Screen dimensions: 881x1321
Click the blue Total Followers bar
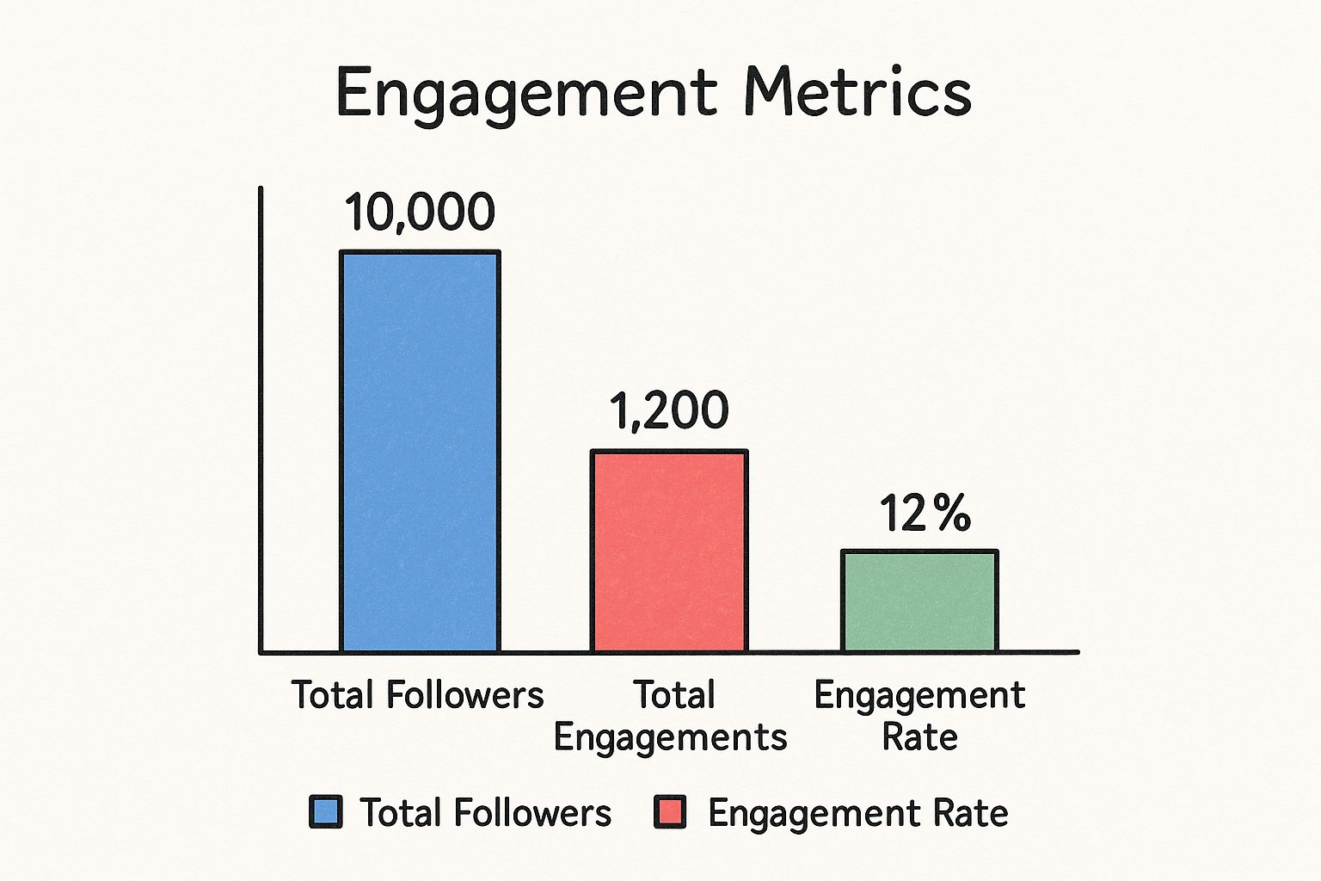[420, 452]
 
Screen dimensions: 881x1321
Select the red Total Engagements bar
[669, 551]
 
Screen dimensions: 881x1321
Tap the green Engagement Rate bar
[919, 601]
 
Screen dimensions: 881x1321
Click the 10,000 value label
[420, 212]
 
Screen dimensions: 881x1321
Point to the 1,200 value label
[669, 410]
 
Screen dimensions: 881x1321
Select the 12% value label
[925, 514]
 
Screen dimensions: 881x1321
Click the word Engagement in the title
[525, 93]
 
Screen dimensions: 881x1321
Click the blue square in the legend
[326, 812]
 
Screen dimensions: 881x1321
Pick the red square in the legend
[670, 812]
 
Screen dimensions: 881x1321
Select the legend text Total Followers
[485, 813]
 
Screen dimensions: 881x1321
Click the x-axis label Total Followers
[417, 695]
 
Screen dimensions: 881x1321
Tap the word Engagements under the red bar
[670, 738]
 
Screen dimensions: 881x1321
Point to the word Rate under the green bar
[919, 737]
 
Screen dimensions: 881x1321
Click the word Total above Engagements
[673, 695]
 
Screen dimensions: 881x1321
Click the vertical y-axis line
[261, 422]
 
